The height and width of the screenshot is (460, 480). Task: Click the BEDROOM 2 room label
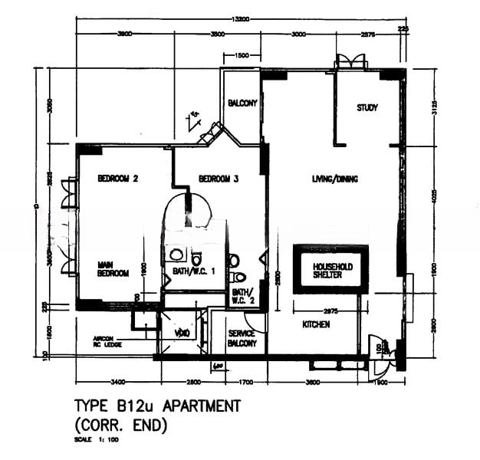click(117, 179)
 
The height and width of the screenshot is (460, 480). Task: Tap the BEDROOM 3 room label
click(219, 179)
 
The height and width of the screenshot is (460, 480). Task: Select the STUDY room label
click(367, 108)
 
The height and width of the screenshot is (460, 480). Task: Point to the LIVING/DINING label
click(335, 179)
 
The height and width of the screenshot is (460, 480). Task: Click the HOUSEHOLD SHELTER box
click(332, 271)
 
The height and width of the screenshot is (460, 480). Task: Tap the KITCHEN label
click(316, 325)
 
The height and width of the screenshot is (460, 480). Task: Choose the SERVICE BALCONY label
click(243, 338)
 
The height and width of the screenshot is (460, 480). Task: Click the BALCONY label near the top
click(242, 103)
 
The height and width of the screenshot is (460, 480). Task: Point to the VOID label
click(181, 333)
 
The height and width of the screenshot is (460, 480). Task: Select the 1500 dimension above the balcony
click(242, 56)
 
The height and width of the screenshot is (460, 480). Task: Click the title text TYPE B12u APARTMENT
click(157, 406)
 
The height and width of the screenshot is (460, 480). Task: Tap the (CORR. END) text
click(121, 423)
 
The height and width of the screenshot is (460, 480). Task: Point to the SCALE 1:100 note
click(96, 441)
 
